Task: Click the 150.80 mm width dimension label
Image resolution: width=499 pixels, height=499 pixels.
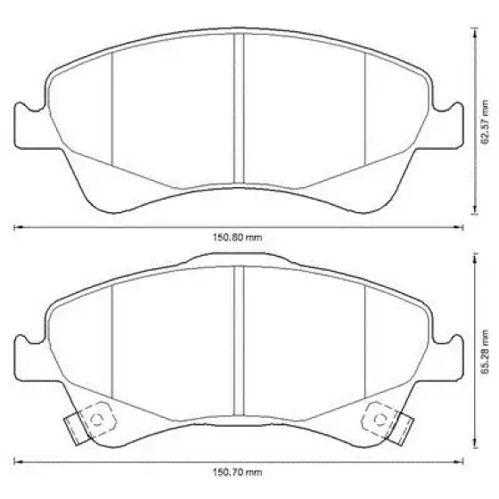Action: click(x=237, y=237)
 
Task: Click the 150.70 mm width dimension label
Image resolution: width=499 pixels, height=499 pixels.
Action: click(x=237, y=472)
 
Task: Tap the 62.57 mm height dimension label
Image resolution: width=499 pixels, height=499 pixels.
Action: click(x=485, y=122)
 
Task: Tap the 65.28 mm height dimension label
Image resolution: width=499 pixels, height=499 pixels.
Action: click(x=485, y=352)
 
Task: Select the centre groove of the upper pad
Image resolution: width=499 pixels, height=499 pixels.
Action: click(x=239, y=109)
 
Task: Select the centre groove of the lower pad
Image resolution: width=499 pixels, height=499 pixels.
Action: click(x=239, y=341)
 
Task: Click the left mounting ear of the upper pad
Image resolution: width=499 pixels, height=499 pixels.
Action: click(x=30, y=127)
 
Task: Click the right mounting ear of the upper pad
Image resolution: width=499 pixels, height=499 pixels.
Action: click(x=447, y=127)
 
